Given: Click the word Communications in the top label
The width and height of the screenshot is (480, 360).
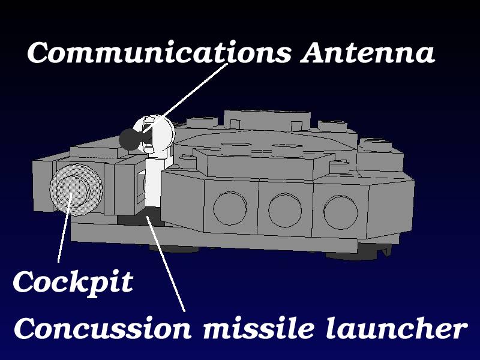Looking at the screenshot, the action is coord(159,52).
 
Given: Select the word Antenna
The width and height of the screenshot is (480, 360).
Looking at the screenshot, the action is coord(367,52).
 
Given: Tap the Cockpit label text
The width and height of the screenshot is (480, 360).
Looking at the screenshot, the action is coord(73,282).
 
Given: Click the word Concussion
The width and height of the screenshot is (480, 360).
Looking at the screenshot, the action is coord(103,328).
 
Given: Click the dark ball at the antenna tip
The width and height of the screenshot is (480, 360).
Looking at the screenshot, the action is coord(129,139).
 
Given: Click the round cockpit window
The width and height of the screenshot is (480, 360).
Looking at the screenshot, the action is coord(76,190).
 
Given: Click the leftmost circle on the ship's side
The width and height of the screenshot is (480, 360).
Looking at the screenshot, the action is coord(230,208).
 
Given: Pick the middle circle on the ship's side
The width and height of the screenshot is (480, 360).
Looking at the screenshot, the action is coord(285,210).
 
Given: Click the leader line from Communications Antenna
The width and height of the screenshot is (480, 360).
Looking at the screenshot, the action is coord(185,98).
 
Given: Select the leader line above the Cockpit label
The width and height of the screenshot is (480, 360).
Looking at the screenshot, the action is coord(65,228).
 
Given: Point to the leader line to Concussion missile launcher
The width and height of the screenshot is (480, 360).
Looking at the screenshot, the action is coord(166,264).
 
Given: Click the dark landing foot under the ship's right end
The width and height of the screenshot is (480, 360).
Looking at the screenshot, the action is coord(358,253).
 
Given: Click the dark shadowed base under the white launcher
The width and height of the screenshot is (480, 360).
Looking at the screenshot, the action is coord(141,218).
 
